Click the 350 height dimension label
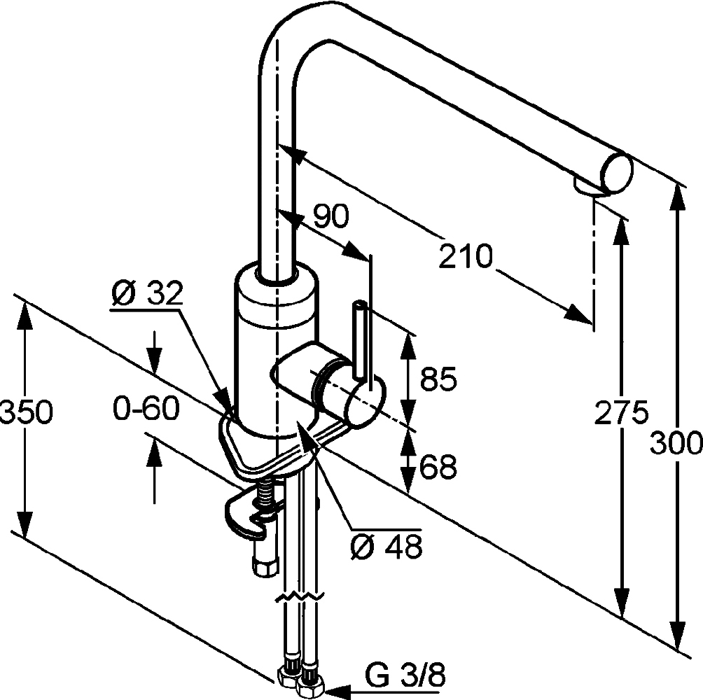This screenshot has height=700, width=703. (26, 413)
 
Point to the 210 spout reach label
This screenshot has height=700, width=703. (466, 257)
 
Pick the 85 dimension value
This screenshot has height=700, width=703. (438, 380)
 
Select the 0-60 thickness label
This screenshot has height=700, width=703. (146, 407)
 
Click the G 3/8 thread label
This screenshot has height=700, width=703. (405, 677)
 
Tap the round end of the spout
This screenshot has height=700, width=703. (616, 171)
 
